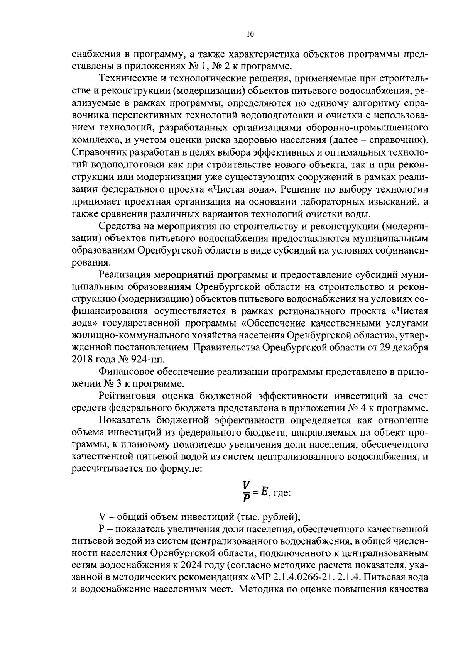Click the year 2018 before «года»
click(83, 359)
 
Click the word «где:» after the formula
click(282, 494)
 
